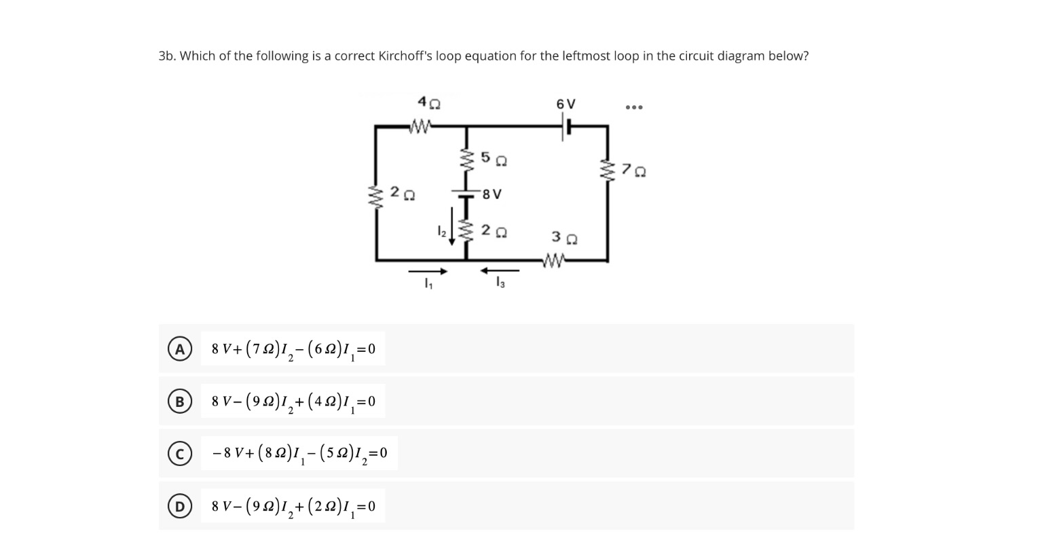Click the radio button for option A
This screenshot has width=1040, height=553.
179,349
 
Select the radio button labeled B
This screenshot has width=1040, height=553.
179,402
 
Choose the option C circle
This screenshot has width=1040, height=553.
179,454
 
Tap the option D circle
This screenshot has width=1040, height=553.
179,506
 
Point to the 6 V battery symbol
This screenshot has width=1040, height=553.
565,126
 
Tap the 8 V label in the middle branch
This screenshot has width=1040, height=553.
492,194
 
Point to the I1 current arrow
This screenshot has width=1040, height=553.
428,272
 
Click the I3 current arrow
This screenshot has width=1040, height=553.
500,271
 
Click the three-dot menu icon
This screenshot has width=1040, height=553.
634,107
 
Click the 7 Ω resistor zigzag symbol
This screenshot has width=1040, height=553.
608,171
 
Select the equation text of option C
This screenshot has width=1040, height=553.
299,453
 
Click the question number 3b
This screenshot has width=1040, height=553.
167,56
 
